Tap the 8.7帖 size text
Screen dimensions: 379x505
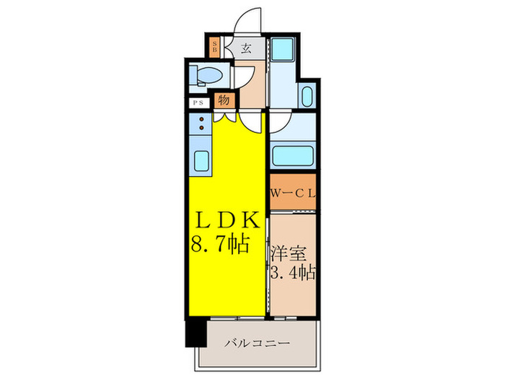[220, 245]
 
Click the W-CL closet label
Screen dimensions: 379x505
[293, 193]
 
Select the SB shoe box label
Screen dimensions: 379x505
[214, 48]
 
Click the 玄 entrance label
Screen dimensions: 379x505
[246, 49]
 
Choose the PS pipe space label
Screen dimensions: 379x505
[198, 103]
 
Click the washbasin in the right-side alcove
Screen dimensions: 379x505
[307, 95]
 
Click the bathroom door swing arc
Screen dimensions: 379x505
[281, 123]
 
